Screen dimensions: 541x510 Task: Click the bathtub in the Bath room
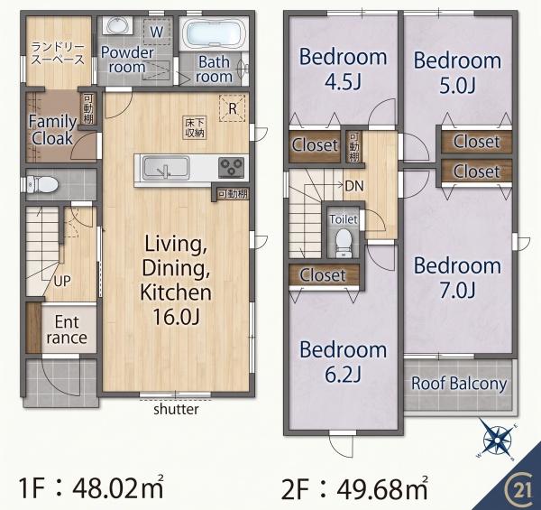click(x=214, y=33)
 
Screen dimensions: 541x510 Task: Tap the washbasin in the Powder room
click(x=117, y=26)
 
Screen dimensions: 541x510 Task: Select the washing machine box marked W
click(x=157, y=32)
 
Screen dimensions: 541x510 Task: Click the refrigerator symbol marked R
click(x=233, y=108)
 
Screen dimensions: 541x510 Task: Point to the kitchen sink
click(x=166, y=168)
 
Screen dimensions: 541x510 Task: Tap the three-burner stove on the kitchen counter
click(x=232, y=167)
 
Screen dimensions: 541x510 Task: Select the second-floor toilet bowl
click(x=344, y=243)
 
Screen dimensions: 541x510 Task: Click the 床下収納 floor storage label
click(x=195, y=127)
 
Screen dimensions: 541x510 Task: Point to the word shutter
click(x=176, y=409)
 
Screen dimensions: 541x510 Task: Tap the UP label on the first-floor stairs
click(x=62, y=282)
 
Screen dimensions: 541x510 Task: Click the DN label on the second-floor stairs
click(x=354, y=186)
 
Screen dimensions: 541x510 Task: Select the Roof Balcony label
click(x=459, y=384)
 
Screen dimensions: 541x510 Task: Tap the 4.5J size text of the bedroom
click(x=343, y=82)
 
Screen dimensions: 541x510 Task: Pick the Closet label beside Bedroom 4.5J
click(x=315, y=145)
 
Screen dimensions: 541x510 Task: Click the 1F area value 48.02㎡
click(x=117, y=487)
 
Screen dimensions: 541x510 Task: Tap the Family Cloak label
click(x=52, y=130)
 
